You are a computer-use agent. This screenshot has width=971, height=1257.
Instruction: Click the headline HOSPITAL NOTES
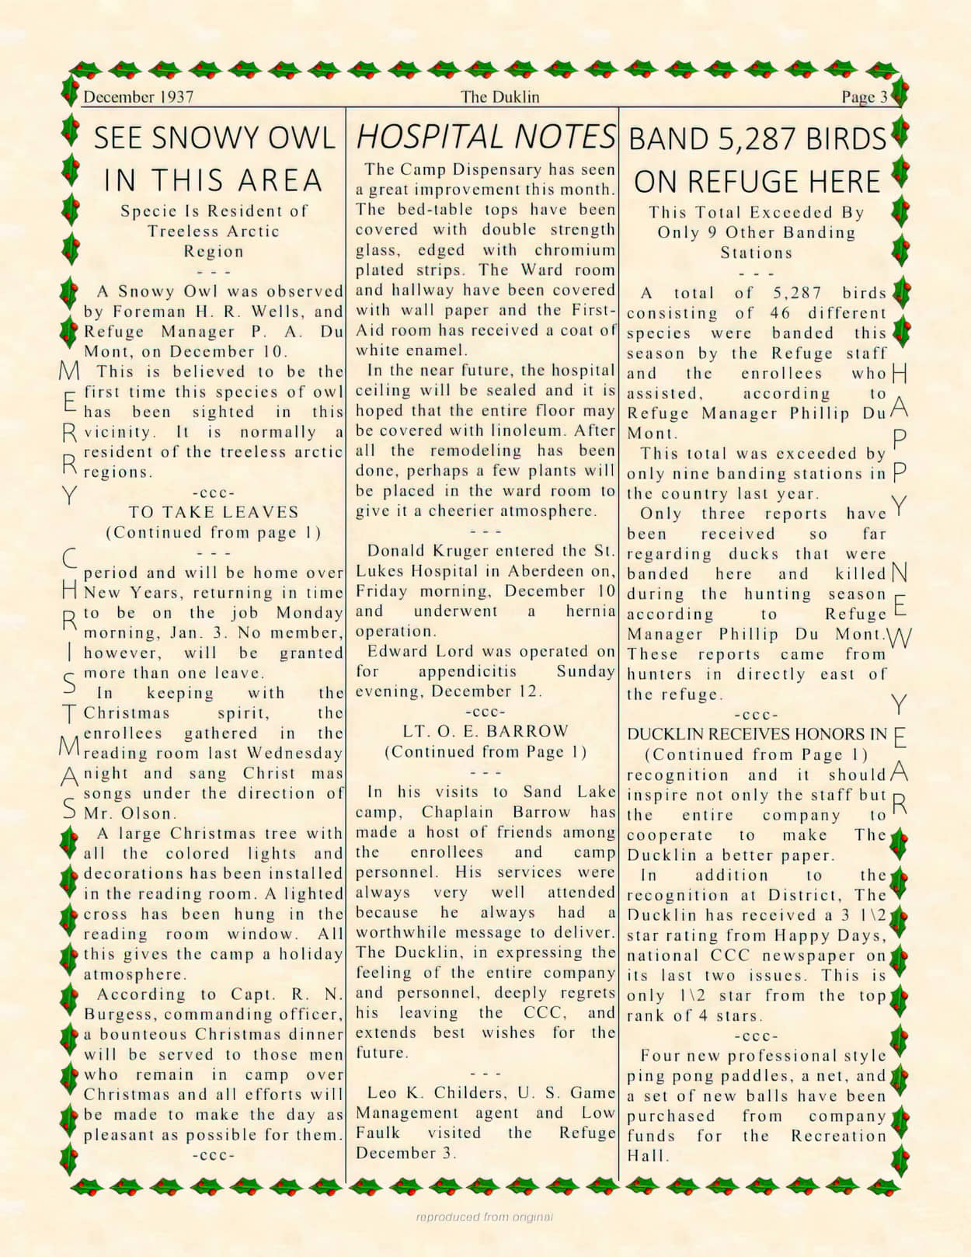pos(486,138)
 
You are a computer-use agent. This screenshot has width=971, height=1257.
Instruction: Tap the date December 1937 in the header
pos(138,97)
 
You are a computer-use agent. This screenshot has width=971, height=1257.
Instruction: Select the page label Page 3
pos(864,97)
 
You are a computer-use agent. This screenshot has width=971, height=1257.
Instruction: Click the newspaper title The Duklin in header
pos(499,97)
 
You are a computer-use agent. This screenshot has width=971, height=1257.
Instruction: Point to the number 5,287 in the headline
pos(757,140)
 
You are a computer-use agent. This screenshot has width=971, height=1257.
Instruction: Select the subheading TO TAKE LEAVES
pos(214,513)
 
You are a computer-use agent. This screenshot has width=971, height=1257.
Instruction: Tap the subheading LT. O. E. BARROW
pos(486,732)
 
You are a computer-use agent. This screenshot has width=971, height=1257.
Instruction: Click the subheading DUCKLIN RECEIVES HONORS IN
pos(757,734)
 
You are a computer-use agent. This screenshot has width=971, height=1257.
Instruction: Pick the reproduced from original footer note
pos(485,1217)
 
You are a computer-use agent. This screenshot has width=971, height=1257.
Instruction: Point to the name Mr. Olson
pos(129,814)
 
